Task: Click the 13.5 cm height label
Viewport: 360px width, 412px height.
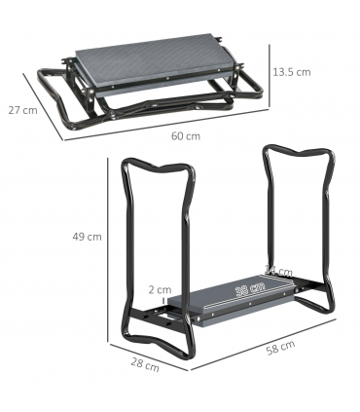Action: [291, 72]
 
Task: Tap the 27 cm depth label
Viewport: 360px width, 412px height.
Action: [22, 110]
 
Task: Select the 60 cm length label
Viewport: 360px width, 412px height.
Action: [185, 135]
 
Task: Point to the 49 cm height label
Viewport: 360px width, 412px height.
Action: [88, 237]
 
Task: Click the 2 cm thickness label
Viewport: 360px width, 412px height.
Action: [161, 289]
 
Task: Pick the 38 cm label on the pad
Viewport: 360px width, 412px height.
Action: [249, 289]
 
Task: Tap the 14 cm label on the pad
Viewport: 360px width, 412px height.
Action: [278, 271]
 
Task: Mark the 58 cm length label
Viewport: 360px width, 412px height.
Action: [281, 347]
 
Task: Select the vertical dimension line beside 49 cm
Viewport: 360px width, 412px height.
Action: [107, 237]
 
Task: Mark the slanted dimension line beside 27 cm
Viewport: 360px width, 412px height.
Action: [44, 104]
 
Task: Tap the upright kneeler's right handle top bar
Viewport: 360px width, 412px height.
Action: [296, 156]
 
